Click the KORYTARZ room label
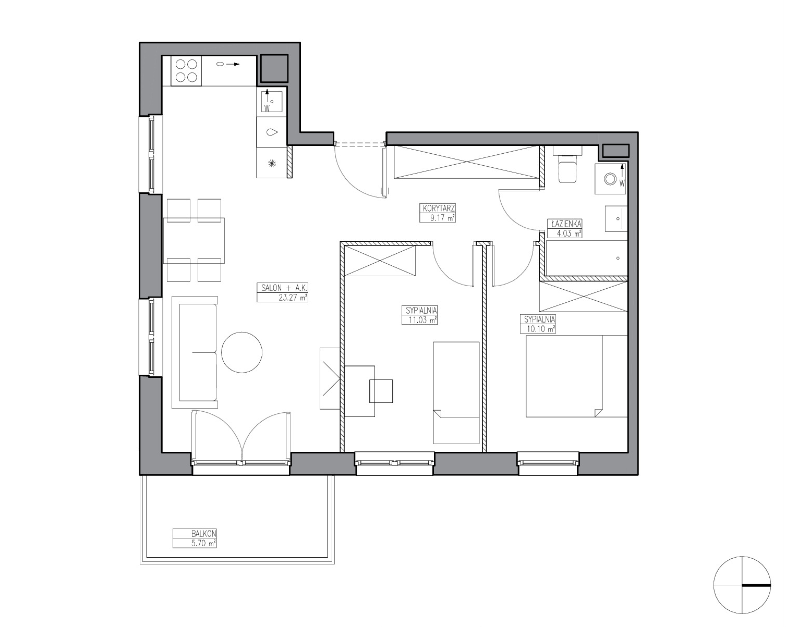(438, 208)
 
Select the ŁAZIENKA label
(564, 224)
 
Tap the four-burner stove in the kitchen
(186, 71)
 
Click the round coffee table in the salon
(242, 352)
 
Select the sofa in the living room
(195, 352)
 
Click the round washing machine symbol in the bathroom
(610, 179)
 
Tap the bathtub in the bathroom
(586, 258)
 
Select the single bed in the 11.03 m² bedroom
(456, 392)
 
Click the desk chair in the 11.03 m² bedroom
(381, 391)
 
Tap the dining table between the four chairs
(194, 240)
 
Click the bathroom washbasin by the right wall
(616, 218)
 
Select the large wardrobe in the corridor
(466, 162)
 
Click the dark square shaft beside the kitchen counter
(274, 68)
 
